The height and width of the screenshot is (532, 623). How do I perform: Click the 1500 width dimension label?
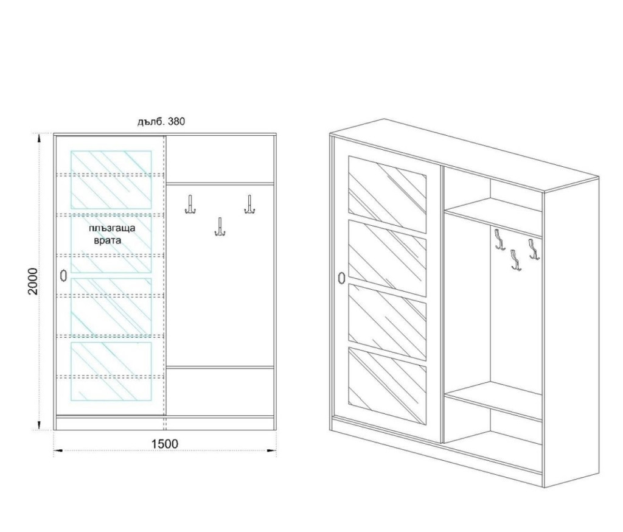coord(165,444)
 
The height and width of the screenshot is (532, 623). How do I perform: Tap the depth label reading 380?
coord(176,122)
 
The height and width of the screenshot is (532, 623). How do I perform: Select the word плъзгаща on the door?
coord(112,229)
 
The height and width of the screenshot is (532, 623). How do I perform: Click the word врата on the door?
coord(108,240)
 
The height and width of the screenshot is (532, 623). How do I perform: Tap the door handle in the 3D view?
coord(341,278)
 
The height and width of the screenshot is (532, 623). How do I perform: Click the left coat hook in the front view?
coord(190,205)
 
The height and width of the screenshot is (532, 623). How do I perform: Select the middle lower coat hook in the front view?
coord(220,226)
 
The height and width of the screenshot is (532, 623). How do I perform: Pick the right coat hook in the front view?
coord(249,205)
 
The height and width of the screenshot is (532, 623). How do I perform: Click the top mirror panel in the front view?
coord(111,180)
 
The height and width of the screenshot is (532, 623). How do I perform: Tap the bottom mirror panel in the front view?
coord(111,371)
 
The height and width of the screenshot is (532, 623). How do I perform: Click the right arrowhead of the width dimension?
coord(271,450)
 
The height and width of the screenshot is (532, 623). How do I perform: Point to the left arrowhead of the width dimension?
coord(58,450)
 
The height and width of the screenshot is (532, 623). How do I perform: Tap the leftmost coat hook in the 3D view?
coord(499,240)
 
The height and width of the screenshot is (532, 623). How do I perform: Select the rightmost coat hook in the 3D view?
coord(534,250)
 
